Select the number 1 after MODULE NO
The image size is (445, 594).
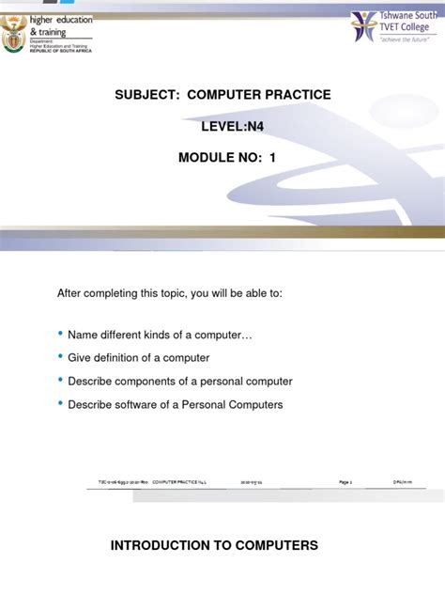[273, 157]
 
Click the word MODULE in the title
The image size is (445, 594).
[207, 157]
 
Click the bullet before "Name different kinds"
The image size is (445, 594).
[62, 334]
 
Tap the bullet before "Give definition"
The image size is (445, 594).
[62, 357]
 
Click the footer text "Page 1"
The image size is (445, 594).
[345, 482]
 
